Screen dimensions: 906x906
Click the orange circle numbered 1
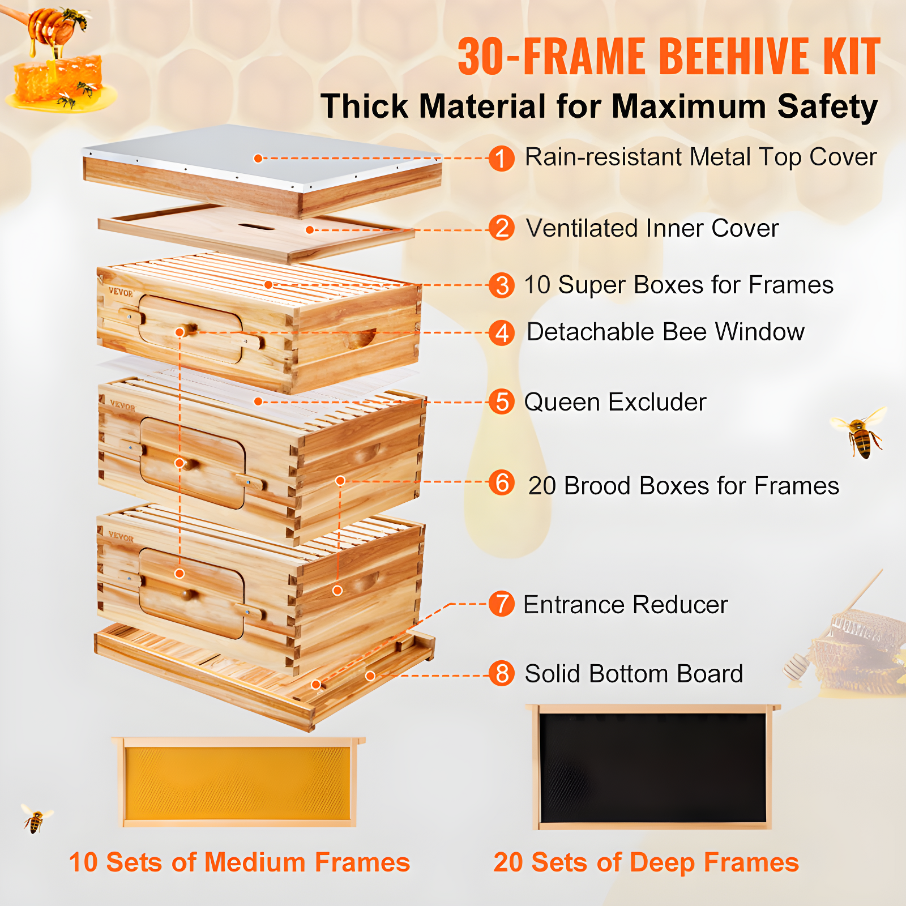[x=501, y=158]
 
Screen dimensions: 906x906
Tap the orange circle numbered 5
[x=502, y=402]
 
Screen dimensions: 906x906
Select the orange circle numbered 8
[x=502, y=674]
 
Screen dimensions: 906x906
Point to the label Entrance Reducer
[x=625, y=605]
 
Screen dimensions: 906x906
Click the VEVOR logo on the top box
[x=121, y=293]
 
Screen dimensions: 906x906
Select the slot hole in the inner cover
[x=256, y=227]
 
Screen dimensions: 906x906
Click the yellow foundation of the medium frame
[x=238, y=783]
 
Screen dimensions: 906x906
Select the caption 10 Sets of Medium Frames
[x=239, y=862]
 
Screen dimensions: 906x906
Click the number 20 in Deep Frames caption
[x=508, y=862]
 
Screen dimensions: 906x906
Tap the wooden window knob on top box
[x=187, y=330]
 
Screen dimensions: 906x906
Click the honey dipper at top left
[x=48, y=25]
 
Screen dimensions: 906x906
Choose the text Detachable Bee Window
[x=665, y=332]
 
